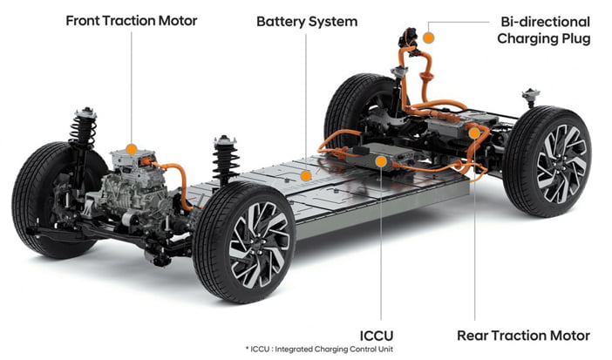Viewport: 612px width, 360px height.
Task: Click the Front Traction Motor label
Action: click(x=131, y=21)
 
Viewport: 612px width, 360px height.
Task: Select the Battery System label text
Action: click(x=307, y=22)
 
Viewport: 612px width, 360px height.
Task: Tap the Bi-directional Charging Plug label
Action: click(x=543, y=30)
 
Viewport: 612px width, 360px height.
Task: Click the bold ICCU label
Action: click(x=377, y=336)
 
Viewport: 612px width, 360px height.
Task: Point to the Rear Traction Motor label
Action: click(x=523, y=336)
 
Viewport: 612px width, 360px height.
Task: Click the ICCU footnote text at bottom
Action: click(x=319, y=349)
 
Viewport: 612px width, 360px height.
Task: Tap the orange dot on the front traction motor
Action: click(x=132, y=149)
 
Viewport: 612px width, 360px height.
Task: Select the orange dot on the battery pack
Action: click(x=306, y=176)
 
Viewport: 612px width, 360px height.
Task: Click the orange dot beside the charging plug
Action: click(x=429, y=37)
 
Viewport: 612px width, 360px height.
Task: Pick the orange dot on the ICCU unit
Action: click(x=381, y=161)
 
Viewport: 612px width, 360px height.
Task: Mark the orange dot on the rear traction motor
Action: click(x=474, y=133)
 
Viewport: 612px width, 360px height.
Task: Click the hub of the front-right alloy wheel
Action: click(x=260, y=244)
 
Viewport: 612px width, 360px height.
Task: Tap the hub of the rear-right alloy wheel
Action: click(x=562, y=164)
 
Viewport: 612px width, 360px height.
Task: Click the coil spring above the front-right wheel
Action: click(x=225, y=161)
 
